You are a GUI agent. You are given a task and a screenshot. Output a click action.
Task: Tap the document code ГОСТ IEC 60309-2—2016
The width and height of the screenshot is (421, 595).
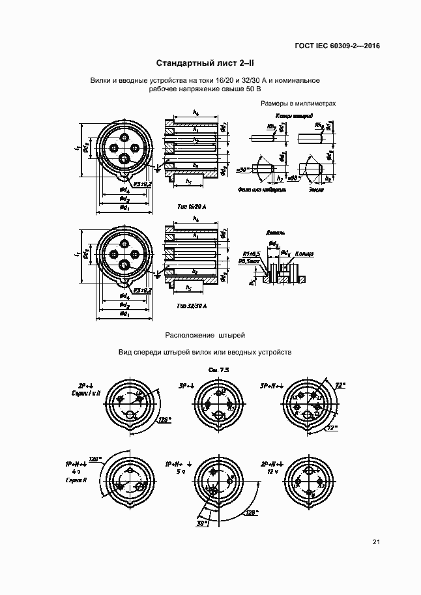[336, 46]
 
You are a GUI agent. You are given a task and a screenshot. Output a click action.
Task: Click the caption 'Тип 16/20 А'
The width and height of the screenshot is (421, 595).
[191, 206]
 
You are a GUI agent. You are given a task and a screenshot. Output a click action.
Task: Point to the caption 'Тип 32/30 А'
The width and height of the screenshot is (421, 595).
[191, 306]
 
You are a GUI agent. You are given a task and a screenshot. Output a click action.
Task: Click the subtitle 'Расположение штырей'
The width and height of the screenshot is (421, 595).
[204, 335]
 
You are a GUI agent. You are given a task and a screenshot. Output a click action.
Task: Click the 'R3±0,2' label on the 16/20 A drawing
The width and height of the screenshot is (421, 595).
[142, 184]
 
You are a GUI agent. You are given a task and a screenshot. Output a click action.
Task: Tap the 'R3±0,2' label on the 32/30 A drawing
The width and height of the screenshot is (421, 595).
[142, 291]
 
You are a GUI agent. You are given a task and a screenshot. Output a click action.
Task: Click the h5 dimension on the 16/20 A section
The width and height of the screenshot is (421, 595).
[188, 181]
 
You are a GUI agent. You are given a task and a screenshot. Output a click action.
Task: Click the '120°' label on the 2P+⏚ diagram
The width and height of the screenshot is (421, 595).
[165, 421]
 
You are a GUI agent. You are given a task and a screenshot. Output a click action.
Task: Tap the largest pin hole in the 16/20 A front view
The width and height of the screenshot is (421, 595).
[124, 158]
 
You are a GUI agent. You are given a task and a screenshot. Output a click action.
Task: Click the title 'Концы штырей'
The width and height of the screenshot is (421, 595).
[289, 116]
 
